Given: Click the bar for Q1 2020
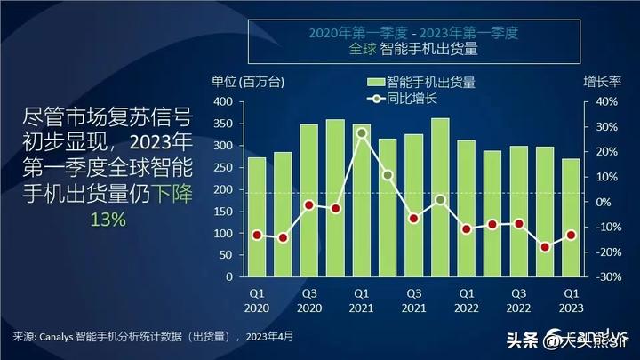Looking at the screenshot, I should click(257, 216).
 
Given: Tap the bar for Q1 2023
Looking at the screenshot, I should click(571, 217).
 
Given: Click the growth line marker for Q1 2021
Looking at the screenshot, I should click(362, 133).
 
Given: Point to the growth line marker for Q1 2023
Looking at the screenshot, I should click(571, 235).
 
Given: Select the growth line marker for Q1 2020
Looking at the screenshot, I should click(257, 235).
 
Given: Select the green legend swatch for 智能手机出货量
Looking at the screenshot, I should click(373, 82).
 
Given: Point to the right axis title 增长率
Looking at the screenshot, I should click(601, 82).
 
